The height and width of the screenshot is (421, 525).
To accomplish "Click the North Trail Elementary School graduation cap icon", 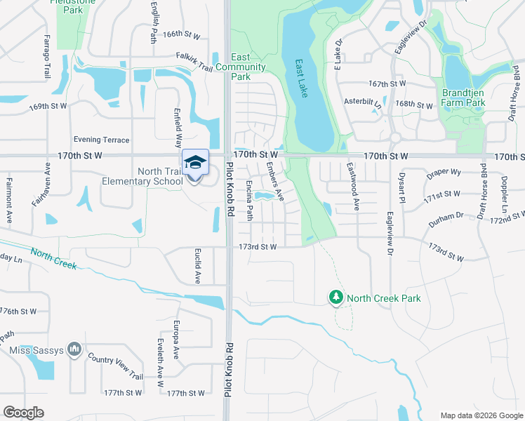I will [195, 163].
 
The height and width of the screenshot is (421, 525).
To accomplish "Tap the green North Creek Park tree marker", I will [336, 298].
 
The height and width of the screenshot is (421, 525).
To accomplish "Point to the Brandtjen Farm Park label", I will [463, 98].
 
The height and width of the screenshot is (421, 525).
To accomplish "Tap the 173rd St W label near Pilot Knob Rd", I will [258, 247].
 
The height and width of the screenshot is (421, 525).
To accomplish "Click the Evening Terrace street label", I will [101, 140].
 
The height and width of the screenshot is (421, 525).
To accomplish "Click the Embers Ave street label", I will [274, 182].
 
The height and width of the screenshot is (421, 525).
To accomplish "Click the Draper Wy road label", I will [442, 172].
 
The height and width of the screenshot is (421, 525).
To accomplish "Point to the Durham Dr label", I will [446, 219].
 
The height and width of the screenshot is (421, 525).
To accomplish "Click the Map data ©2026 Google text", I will [480, 415].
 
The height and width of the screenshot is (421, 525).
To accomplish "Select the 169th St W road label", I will [48, 106].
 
